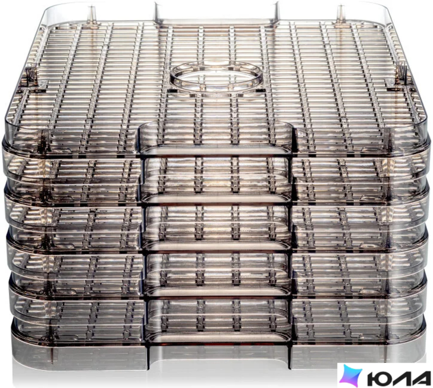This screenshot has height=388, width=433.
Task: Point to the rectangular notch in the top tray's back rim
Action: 216,14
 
